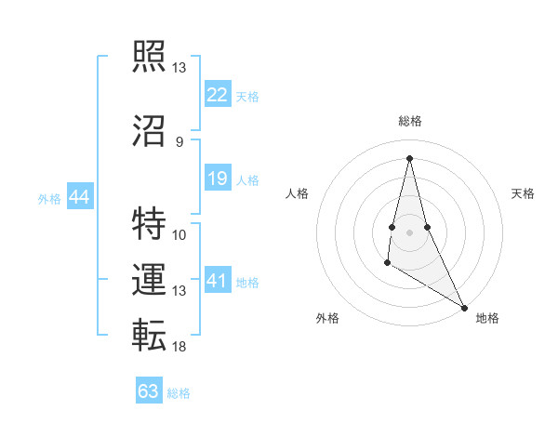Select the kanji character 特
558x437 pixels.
click(149, 223)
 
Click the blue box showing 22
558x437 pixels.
click(217, 95)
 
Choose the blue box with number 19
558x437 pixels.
click(217, 179)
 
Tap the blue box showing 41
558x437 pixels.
click(217, 281)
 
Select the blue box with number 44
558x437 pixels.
click(79, 197)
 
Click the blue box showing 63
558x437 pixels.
click(149, 391)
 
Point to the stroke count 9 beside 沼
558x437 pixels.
click(179, 141)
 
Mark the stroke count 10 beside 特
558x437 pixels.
click(179, 234)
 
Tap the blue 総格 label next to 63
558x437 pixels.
click(179, 393)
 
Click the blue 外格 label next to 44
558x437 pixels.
click(49, 198)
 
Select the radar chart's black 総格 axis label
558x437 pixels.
click(409, 121)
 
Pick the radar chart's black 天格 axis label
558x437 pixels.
click(523, 193)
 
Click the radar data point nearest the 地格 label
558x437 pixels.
click(465, 307)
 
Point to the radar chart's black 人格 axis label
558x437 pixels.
click(297, 193)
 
